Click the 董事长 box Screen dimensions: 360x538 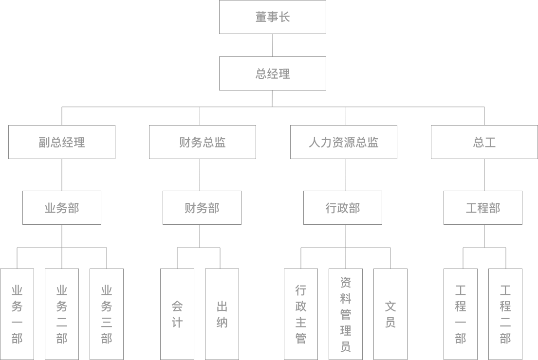(272, 17)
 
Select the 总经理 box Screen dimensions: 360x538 (272, 73)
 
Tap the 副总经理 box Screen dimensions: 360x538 (62, 142)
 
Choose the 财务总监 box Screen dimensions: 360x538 (202, 142)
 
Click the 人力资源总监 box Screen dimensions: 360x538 (343, 142)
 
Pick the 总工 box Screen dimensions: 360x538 (484, 142)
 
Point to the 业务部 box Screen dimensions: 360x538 (62, 208)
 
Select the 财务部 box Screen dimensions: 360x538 (202, 208)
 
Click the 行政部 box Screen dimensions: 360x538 (342, 208)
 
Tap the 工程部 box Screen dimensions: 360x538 (482, 208)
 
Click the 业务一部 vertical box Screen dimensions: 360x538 (17, 314)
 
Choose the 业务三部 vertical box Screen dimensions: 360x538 (107, 314)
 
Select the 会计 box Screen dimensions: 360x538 (177, 314)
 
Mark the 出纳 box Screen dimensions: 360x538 (222, 314)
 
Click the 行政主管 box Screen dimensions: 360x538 (301, 314)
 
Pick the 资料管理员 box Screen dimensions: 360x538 (346, 314)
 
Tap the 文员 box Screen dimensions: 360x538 (390, 314)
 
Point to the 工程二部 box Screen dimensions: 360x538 (505, 314)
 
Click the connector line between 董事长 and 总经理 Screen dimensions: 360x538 (272, 45)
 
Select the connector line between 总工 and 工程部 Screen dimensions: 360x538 (484, 175)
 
